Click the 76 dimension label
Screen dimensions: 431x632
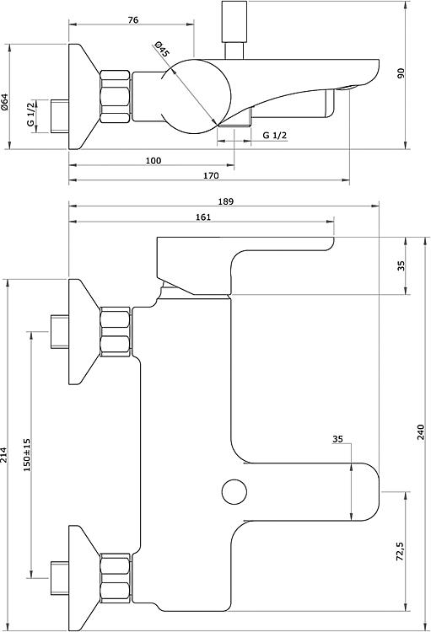[x=132, y=19]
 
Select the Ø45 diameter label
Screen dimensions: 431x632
[x=161, y=49]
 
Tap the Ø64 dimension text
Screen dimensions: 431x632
[x=4, y=102]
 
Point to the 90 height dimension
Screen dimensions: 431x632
[x=401, y=73]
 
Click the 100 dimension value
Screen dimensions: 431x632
[x=154, y=161]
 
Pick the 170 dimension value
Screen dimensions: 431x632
[x=211, y=176]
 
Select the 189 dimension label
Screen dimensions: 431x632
[x=225, y=201]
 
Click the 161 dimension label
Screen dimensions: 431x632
[x=203, y=217]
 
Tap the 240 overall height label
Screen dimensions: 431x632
[x=422, y=432]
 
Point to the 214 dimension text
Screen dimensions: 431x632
[x=4, y=455]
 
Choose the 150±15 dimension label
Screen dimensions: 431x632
[x=27, y=455]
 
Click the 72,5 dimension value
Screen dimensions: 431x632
[x=400, y=551]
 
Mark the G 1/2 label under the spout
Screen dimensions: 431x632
[x=275, y=136]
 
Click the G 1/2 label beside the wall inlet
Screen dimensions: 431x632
[x=31, y=115]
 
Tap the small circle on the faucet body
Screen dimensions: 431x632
[x=234, y=491]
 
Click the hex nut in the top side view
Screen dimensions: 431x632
[x=116, y=97]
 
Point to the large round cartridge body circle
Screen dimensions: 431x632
[x=196, y=96]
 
